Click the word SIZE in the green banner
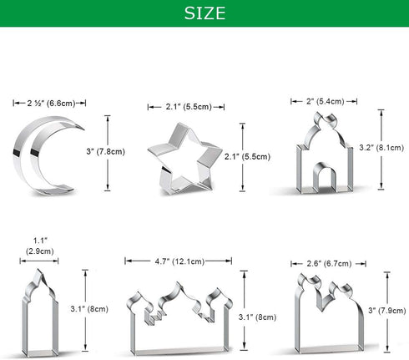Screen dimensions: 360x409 (204, 14)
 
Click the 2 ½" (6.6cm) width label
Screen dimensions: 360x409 (49, 103)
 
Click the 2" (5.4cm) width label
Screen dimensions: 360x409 (321, 100)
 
